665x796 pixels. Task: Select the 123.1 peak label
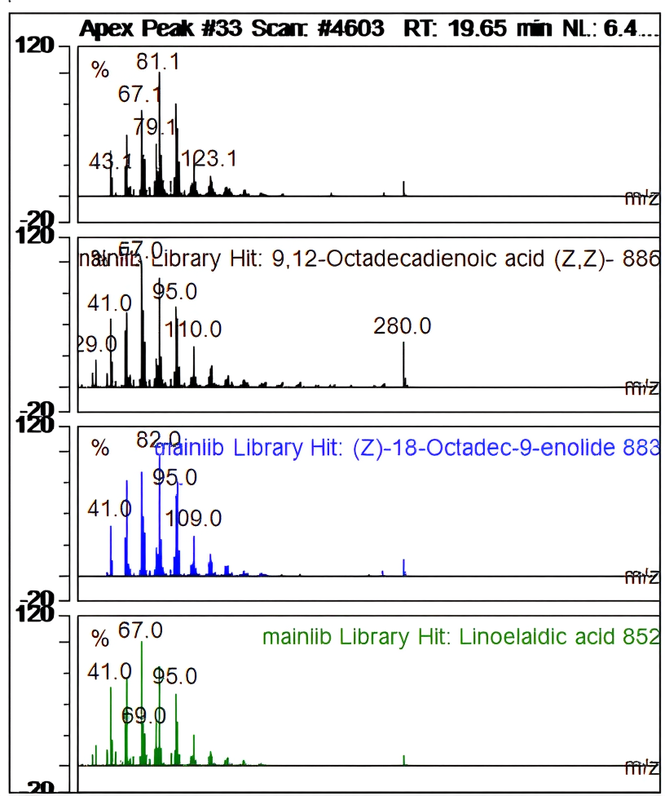[x=209, y=158]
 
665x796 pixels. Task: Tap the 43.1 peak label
[x=110, y=161]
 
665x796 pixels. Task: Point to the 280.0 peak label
[x=403, y=326]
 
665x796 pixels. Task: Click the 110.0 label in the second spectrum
[x=193, y=329]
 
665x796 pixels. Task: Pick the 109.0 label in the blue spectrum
[x=193, y=519]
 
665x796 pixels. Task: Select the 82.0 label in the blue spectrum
[x=158, y=440]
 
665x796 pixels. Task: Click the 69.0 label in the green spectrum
[x=143, y=716]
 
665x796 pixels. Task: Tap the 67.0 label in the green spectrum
[x=140, y=630]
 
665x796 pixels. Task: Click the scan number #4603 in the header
[x=352, y=29]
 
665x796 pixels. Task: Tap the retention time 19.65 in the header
[x=465, y=29]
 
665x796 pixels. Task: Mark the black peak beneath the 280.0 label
[x=403, y=365]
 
